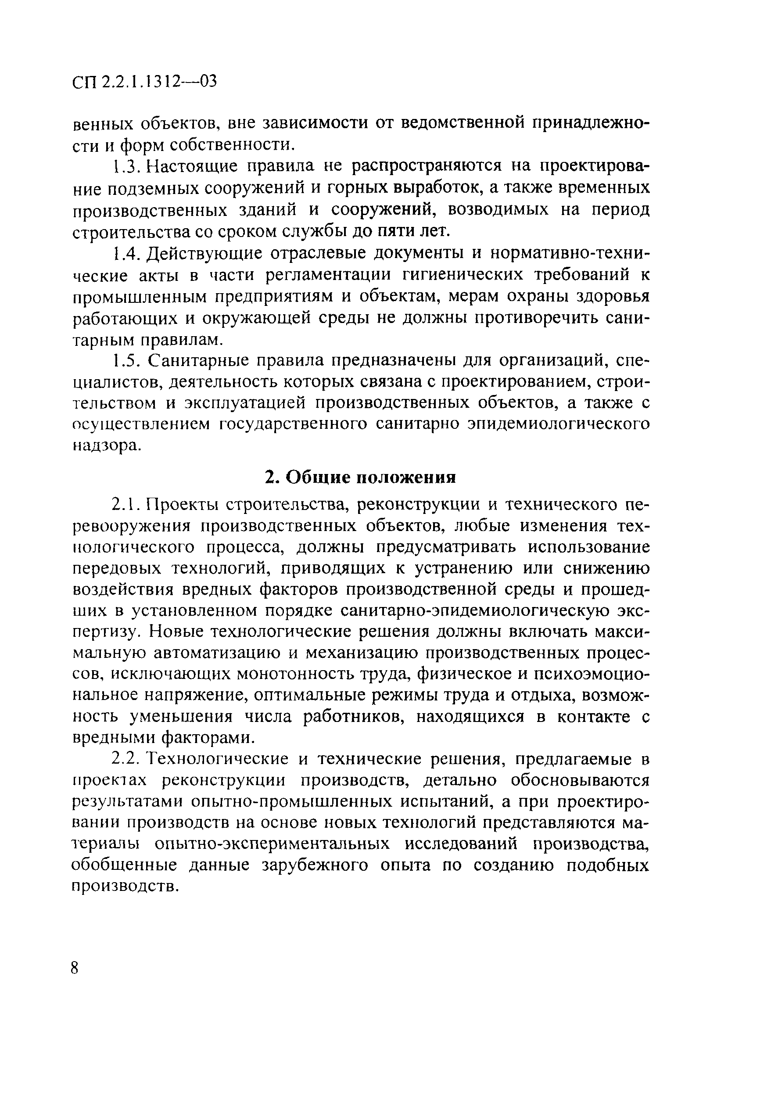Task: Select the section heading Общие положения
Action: point(360,477)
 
